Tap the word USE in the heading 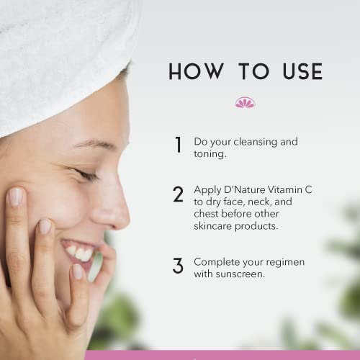click(296, 71)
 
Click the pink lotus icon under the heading click(245, 103)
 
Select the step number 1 click(178, 145)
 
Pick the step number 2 click(178, 195)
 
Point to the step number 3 click(178, 266)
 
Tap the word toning click(211, 154)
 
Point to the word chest click(207, 214)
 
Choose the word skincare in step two click(215, 226)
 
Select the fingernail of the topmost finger click(15, 196)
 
